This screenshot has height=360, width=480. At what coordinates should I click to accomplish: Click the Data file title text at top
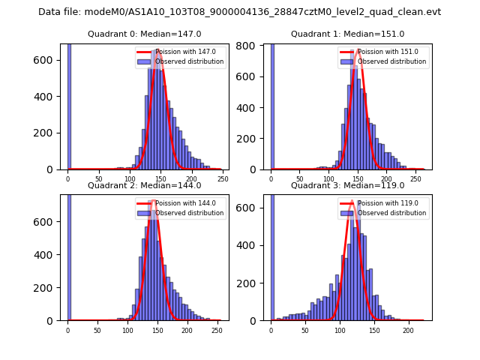pos(239,12)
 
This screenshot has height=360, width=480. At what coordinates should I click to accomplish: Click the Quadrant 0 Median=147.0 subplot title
pos(144,34)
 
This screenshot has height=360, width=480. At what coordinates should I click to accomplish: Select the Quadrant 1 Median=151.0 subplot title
pos(347,34)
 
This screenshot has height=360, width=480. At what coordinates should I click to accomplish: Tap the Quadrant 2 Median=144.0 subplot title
pos(144,185)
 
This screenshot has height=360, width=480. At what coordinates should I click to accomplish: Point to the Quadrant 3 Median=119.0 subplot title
pos(347,185)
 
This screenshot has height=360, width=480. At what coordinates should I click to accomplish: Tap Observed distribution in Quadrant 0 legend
pos(193,61)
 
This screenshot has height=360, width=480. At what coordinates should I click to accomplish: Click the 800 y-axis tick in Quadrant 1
pos(250,46)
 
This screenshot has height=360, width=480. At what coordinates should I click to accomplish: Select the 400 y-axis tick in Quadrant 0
pos(47,97)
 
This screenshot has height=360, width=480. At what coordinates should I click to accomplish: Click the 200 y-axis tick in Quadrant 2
pos(47,288)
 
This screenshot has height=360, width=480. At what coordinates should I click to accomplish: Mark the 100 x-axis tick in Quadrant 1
pos(328,179)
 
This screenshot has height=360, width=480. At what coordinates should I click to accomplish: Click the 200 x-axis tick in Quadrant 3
pos(409,330)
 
